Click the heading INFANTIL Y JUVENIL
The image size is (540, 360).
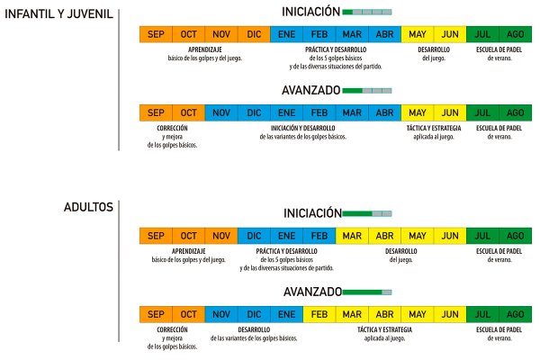(58, 14)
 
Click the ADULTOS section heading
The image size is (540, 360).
(88, 207)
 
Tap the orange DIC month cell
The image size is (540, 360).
(254, 34)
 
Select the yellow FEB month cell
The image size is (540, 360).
(319, 314)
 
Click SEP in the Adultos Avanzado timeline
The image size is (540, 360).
(156, 314)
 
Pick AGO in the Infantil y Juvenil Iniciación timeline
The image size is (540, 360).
(516, 34)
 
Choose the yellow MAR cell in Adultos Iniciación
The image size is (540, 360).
(352, 236)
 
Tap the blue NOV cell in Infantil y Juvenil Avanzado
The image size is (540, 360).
(221, 113)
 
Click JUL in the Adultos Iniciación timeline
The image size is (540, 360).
(482, 236)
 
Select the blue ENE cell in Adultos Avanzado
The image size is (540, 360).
(286, 314)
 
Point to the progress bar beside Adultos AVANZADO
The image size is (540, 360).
(367, 292)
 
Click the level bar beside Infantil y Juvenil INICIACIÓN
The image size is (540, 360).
(367, 12)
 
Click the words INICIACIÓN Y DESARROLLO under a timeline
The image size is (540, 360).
(302, 128)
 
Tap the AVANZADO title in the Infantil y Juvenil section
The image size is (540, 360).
(311, 90)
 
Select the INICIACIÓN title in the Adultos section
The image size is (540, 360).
(312, 213)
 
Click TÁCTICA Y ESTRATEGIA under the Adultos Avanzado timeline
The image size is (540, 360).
(384, 329)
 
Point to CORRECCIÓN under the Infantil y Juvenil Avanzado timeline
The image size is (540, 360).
(172, 128)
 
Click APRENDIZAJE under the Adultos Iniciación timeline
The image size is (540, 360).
(188, 251)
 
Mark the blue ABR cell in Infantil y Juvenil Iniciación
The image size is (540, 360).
(384, 34)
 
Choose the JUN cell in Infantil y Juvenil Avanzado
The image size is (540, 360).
(450, 113)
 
